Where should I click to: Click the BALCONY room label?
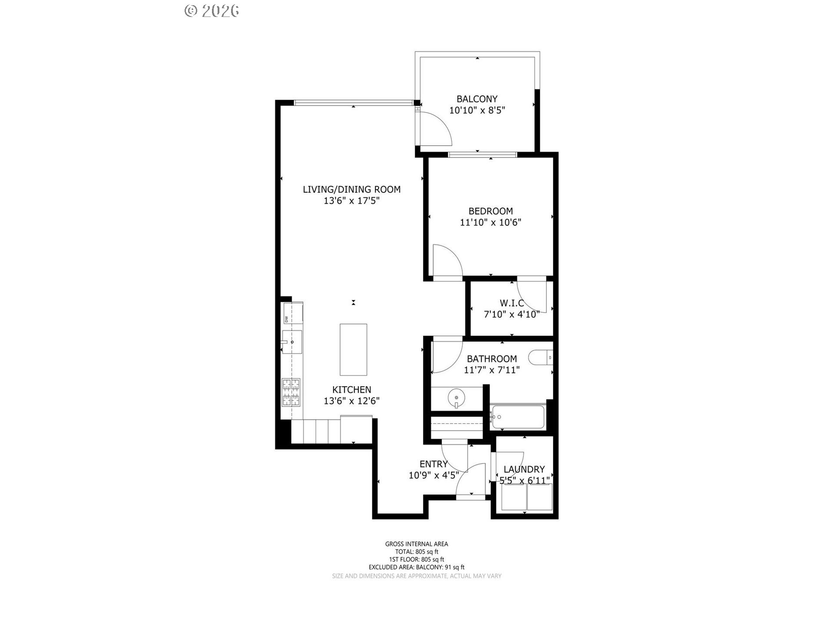(477, 99)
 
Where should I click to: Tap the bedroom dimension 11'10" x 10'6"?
(490, 223)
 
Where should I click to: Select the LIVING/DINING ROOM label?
(351, 189)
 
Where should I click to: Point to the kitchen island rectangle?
(353, 350)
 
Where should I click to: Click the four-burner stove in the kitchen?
(291, 392)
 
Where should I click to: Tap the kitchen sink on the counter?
(292, 342)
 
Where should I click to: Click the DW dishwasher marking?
(287, 320)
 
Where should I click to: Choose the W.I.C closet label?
(512, 303)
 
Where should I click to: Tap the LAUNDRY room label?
(524, 469)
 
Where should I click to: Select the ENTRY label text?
(434, 464)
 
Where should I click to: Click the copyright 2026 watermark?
(212, 11)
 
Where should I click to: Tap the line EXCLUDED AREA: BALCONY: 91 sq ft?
(417, 567)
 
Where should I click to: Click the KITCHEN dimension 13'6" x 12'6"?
(351, 401)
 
